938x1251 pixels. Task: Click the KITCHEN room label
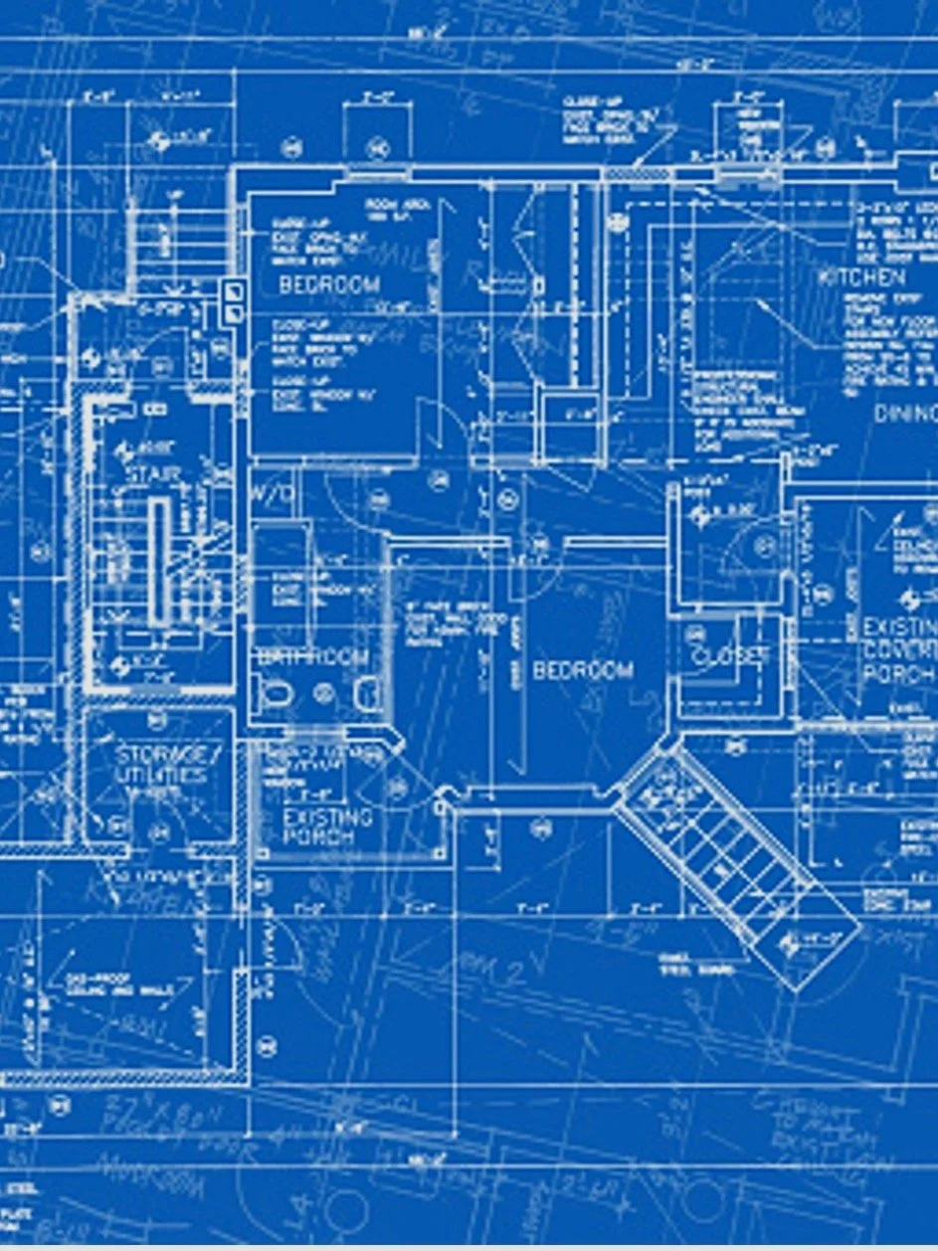coord(861,277)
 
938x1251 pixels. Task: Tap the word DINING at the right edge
coord(905,413)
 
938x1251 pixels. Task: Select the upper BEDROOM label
coord(328,285)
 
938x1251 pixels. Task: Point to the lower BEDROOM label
coord(583,670)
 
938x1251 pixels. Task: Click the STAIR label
coord(153,474)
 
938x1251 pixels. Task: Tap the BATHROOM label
coord(311,658)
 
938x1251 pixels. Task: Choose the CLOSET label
coord(731,656)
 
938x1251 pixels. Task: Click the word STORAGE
coord(168,754)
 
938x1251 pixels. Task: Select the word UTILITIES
coord(160,776)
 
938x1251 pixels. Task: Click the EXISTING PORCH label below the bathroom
coord(327,826)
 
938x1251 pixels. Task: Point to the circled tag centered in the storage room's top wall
coord(157,719)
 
